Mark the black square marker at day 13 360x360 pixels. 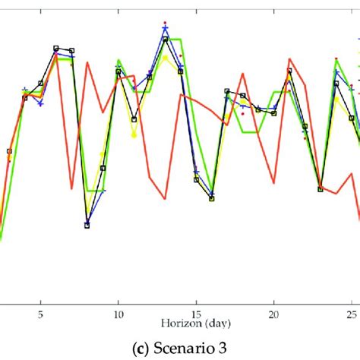tap(166, 39)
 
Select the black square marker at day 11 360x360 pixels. tap(134, 119)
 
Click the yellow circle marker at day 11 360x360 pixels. tap(134, 136)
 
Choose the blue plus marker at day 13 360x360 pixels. tap(166, 29)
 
